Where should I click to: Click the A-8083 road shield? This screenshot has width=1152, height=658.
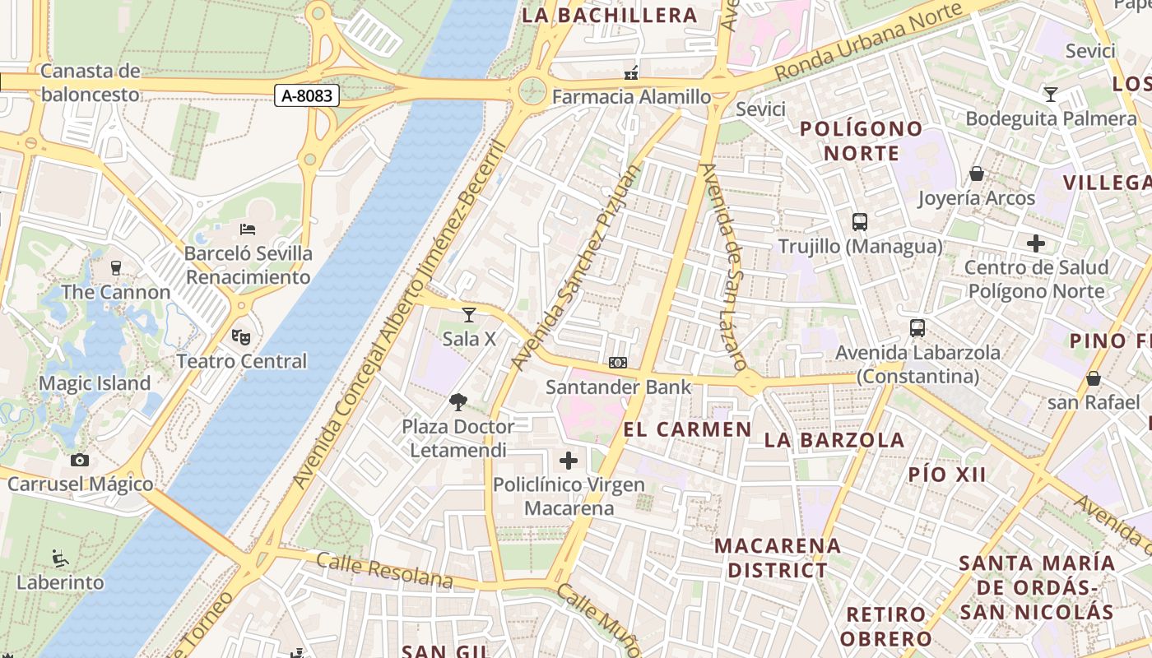tap(307, 96)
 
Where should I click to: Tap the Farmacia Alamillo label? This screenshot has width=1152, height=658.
tap(631, 97)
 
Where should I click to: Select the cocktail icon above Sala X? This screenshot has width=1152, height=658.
tap(469, 314)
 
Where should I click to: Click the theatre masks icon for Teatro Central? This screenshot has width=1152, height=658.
tap(241, 336)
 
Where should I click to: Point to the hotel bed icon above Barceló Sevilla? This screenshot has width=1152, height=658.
tap(248, 229)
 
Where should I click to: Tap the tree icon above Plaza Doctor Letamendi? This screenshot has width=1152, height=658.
tap(458, 402)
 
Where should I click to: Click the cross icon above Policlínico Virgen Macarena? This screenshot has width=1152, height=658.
tap(569, 461)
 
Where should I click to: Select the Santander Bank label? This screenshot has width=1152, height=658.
tap(619, 387)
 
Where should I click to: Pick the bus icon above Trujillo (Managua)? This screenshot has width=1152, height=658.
tap(860, 222)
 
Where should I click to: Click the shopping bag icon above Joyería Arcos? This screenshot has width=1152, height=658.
tap(977, 174)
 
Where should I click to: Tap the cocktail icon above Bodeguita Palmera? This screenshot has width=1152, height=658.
tap(1051, 94)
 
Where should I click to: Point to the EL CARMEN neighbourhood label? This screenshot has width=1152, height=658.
tap(688, 429)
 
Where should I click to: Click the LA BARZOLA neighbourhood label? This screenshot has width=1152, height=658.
tap(834, 440)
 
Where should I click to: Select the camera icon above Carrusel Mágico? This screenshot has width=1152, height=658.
tap(80, 461)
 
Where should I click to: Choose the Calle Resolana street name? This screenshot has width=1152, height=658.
tap(384, 572)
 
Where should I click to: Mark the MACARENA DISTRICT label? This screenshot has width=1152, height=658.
tap(778, 558)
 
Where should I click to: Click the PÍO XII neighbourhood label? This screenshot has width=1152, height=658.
tap(947, 475)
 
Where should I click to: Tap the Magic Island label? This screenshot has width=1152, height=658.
tap(95, 383)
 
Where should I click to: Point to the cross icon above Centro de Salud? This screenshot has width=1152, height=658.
tap(1036, 243)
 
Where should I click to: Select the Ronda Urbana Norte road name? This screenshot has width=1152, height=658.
tap(868, 43)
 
